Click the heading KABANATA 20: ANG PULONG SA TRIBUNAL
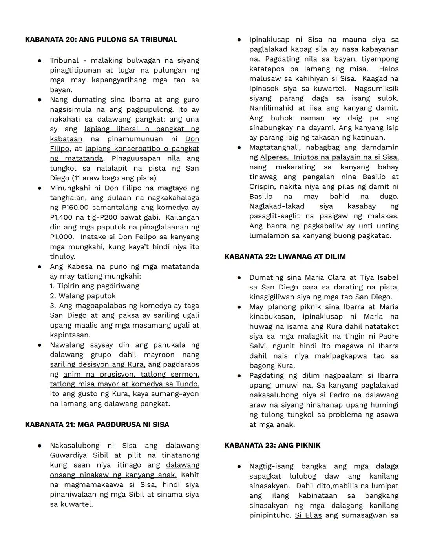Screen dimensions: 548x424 (x=101, y=40)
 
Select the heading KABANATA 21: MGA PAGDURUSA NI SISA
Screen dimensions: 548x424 (x=97, y=425)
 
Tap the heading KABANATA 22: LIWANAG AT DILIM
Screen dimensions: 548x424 (x=285, y=257)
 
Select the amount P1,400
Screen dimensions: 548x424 (x=63, y=217)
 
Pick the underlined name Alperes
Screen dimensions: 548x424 (x=274, y=157)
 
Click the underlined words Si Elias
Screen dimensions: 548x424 (x=308, y=515)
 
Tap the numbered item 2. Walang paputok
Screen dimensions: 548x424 (x=83, y=296)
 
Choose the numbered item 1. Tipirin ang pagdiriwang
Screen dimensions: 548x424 (x=94, y=286)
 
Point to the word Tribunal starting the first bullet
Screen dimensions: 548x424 (x=64, y=60)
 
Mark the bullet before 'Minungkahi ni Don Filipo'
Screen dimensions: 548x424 (x=40, y=188)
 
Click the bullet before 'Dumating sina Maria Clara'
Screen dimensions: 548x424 (x=239, y=277)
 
